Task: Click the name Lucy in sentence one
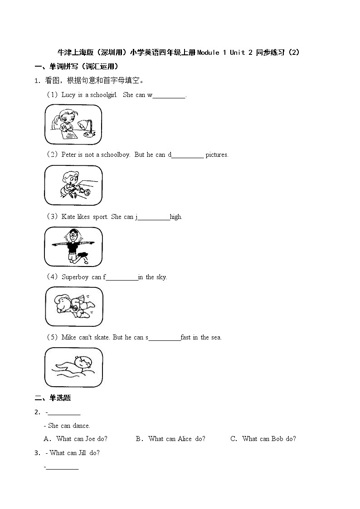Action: (68, 95)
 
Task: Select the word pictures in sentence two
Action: (217, 155)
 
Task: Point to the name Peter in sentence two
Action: (69, 155)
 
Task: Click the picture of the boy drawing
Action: (73, 185)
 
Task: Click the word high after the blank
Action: (176, 217)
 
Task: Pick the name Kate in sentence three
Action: (68, 217)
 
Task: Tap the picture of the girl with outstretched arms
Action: (73, 247)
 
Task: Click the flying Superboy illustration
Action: (74, 306)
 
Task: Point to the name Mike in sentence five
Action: (68, 337)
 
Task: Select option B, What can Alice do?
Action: (176, 438)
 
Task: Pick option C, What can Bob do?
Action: (268, 438)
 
